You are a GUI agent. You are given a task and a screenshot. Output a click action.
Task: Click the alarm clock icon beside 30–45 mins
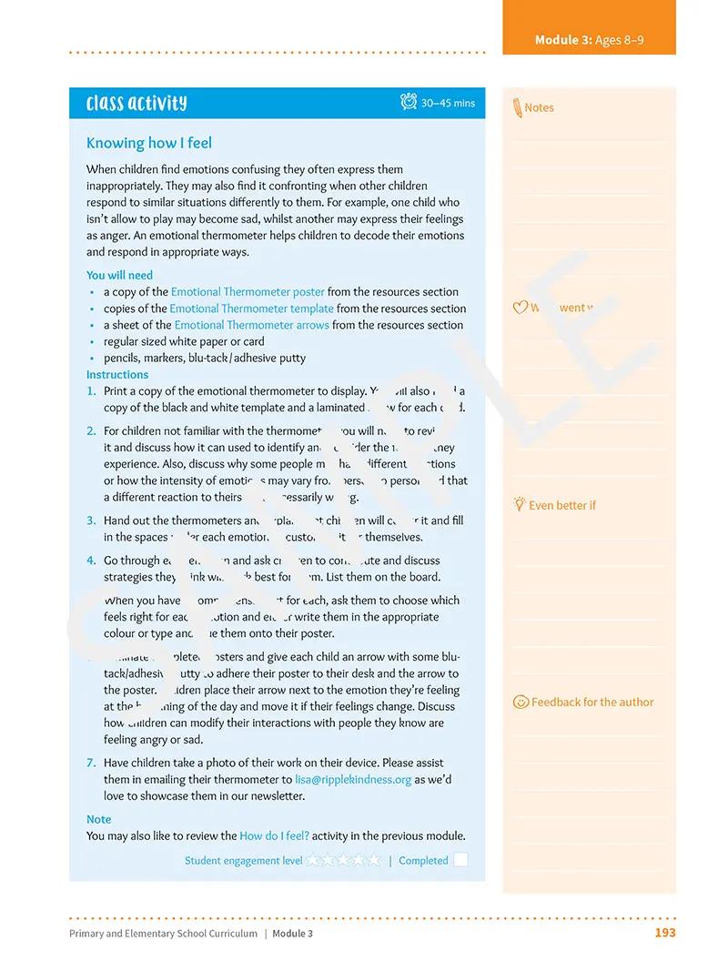click(x=409, y=102)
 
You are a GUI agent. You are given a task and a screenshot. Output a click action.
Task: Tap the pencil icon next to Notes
click(x=517, y=107)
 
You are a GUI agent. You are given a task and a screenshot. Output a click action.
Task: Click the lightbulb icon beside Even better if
click(x=520, y=503)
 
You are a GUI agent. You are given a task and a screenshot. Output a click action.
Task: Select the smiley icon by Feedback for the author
click(x=521, y=702)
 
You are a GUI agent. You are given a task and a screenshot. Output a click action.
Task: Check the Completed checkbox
click(x=460, y=860)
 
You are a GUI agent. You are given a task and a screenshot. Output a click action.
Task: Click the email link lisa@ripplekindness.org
click(x=353, y=780)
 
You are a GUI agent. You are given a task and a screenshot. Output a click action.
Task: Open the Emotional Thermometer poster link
click(x=248, y=292)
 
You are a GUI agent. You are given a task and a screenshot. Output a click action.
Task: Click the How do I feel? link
click(x=274, y=835)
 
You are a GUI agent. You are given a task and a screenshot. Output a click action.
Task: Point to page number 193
click(x=665, y=933)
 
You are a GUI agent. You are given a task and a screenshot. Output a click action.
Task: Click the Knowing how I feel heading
click(x=148, y=143)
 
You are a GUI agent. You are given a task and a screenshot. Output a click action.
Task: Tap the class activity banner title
click(x=136, y=103)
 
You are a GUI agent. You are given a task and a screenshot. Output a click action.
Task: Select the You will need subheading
click(x=119, y=275)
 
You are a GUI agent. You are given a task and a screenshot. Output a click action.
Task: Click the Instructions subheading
click(x=116, y=374)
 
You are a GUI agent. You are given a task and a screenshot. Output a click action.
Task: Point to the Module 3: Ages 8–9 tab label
click(x=589, y=40)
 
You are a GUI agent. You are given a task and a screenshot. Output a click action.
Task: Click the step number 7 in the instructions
click(x=91, y=764)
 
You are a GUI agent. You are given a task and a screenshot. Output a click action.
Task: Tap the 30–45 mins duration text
click(x=448, y=103)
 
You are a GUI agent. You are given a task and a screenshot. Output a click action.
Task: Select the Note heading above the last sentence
click(x=98, y=819)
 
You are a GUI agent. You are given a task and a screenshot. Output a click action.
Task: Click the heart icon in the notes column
click(x=521, y=308)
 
